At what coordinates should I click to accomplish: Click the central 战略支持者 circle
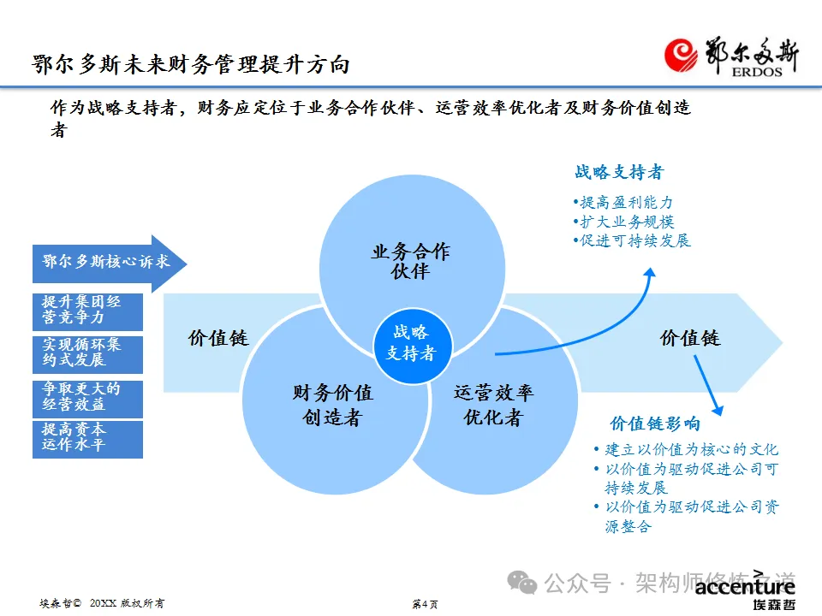410,342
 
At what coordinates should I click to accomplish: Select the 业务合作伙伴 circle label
410,262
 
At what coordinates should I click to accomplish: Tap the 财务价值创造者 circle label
332,405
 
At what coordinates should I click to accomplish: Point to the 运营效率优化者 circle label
493,405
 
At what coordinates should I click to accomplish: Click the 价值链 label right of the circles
690,338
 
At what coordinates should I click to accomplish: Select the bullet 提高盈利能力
623,203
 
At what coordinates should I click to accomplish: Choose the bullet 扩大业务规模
623,222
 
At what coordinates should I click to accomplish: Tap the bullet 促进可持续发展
632,240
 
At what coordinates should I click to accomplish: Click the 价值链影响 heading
655,423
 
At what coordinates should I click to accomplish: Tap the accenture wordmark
744,587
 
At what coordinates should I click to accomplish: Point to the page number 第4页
425,604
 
